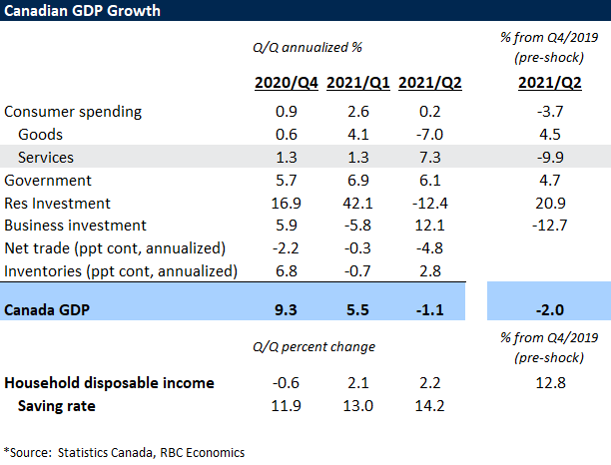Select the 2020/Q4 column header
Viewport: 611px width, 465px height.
(x=287, y=83)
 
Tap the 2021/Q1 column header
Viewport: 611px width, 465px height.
(x=357, y=83)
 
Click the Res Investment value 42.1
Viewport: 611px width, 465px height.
(x=358, y=203)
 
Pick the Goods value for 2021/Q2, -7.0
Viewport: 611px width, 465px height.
(x=427, y=134)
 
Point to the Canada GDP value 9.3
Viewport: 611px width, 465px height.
(x=287, y=309)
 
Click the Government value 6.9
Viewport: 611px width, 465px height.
(x=358, y=180)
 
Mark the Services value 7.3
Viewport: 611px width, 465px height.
(x=427, y=157)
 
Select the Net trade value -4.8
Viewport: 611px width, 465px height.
(x=427, y=248)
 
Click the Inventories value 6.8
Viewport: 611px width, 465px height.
(x=287, y=271)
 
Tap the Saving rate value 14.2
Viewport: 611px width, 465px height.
(x=427, y=405)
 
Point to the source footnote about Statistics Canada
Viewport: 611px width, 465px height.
(x=124, y=452)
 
